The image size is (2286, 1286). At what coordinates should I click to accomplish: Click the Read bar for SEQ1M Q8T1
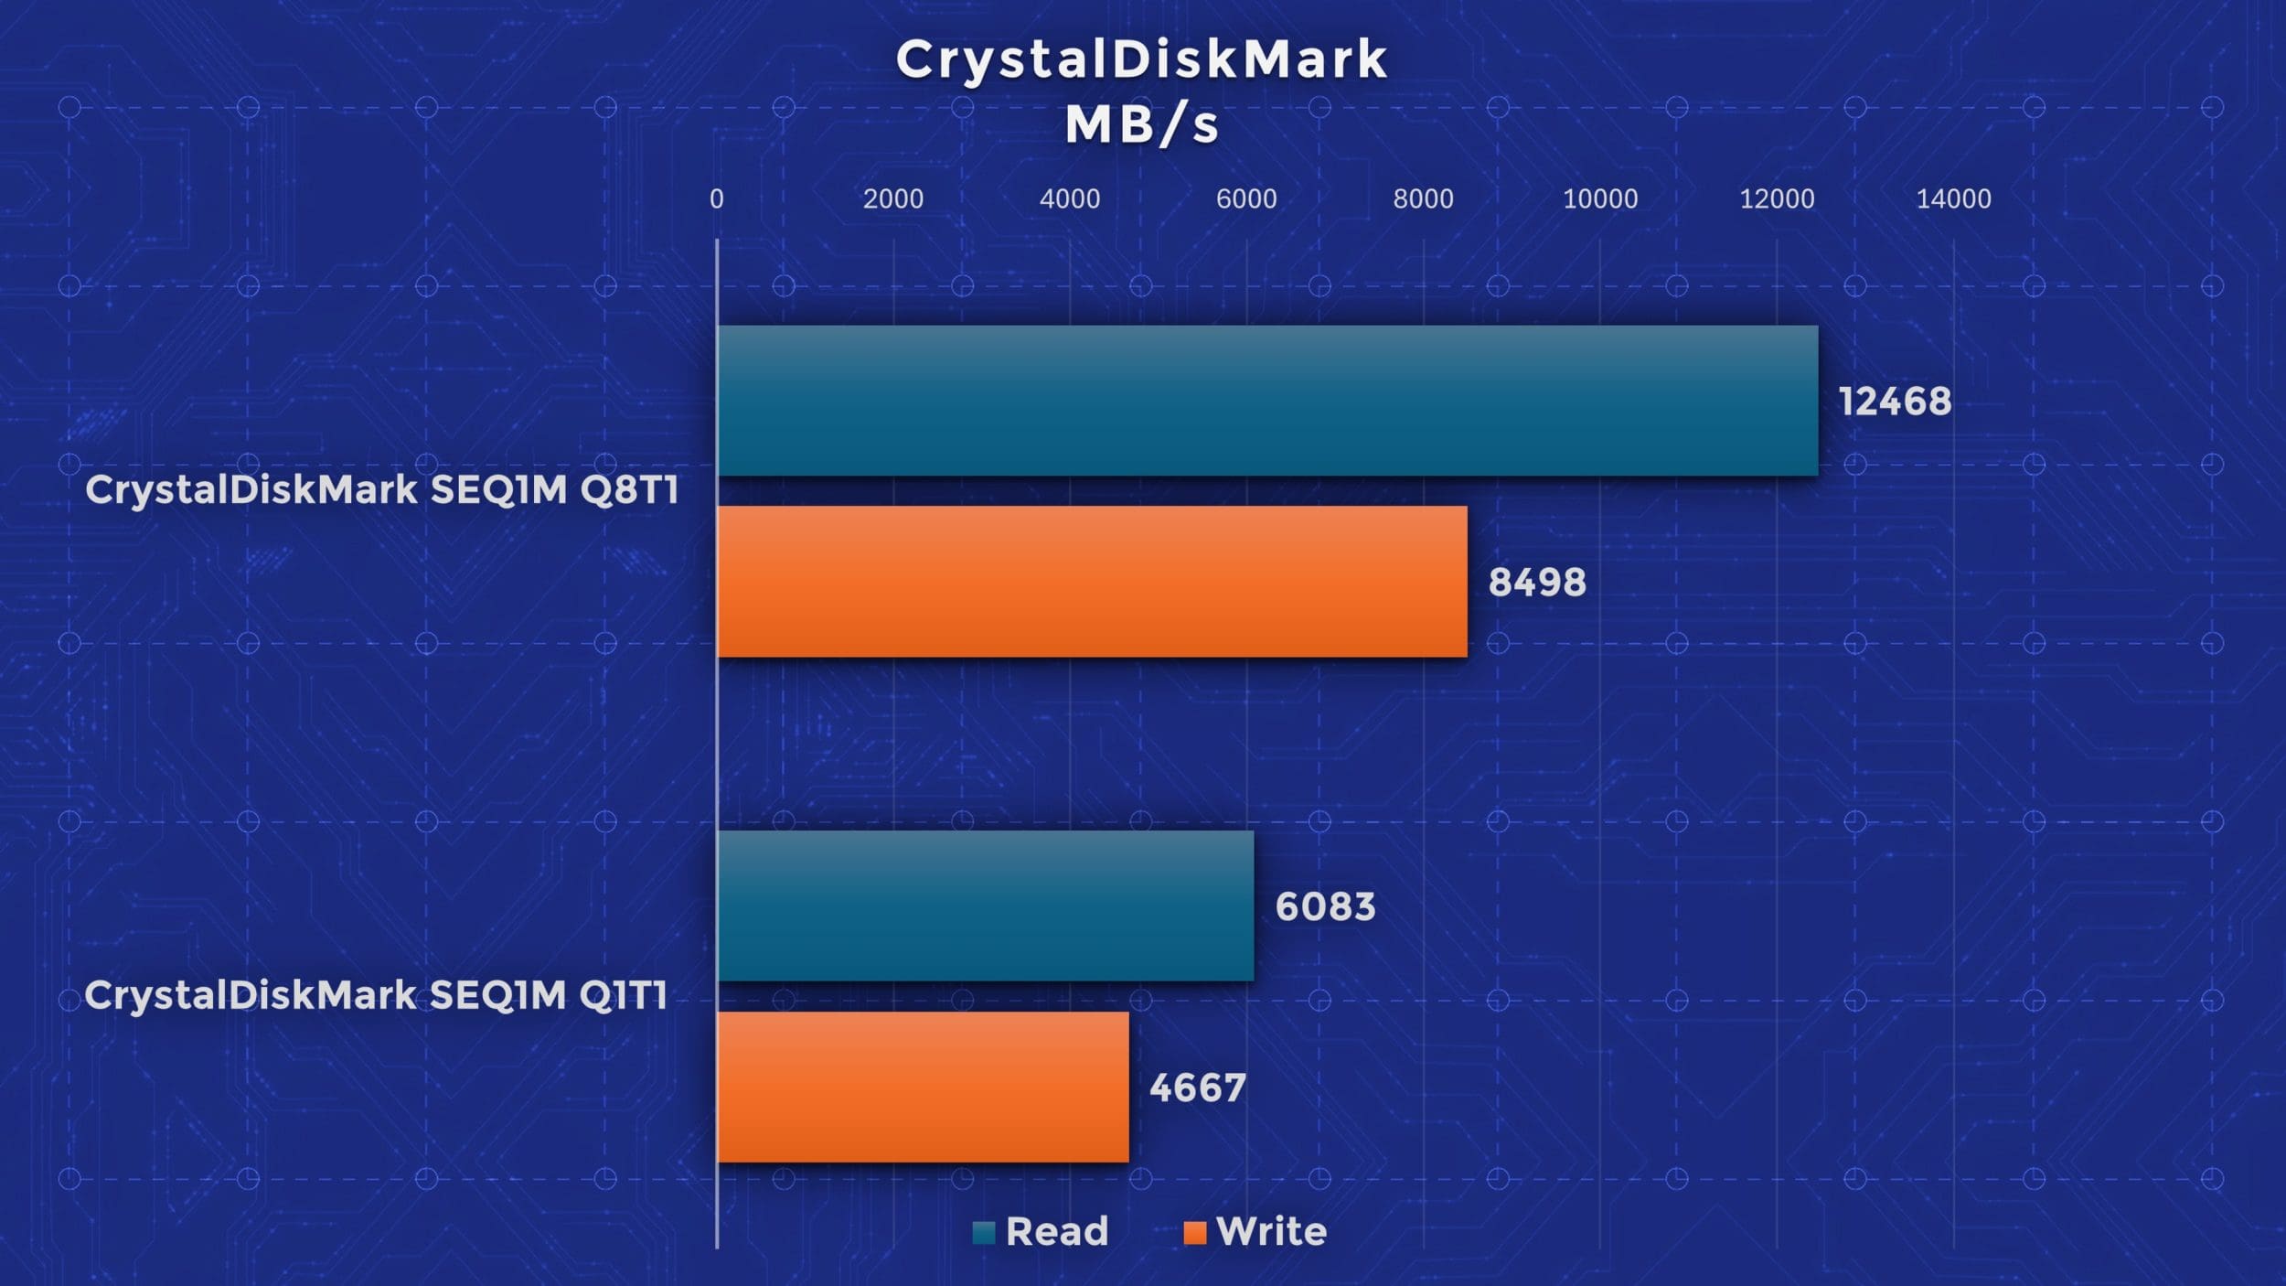point(1267,401)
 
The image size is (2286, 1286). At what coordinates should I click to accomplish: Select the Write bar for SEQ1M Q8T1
point(1093,582)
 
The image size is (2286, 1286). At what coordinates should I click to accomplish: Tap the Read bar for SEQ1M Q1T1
point(986,906)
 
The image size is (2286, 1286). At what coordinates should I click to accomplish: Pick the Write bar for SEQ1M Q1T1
point(924,1087)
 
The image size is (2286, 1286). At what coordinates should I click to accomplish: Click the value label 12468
point(1895,402)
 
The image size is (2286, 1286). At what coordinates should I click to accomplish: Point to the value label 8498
point(1537,583)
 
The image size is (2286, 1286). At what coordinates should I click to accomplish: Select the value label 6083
point(1325,906)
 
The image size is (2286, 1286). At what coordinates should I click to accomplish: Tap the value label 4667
point(1198,1088)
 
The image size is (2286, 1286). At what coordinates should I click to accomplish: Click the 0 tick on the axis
point(717,198)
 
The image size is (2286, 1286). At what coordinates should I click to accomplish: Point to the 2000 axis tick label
point(893,198)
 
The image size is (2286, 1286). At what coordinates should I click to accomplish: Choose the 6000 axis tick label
point(1246,198)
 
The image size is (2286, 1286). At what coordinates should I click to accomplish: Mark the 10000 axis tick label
point(1600,198)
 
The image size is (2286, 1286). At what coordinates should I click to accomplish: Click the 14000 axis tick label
point(1953,198)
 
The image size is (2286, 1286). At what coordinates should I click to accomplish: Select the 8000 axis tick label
point(1423,198)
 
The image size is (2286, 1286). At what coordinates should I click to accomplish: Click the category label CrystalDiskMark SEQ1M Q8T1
point(382,490)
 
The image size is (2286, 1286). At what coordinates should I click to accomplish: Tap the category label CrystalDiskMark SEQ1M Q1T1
point(377,995)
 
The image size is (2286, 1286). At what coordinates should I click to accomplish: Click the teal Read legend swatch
point(984,1233)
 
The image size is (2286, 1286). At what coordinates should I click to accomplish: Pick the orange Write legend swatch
point(1194,1233)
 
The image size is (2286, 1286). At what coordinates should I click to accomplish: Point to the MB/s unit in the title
point(1141,124)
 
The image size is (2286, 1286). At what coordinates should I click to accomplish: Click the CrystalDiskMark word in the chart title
point(1141,59)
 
